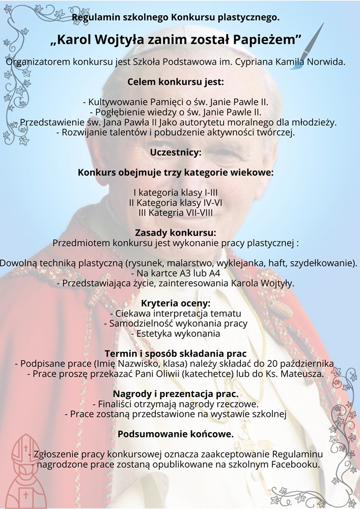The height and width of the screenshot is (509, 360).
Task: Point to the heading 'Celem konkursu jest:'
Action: pos(176,81)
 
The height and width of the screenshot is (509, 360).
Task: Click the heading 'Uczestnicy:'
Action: pos(176,152)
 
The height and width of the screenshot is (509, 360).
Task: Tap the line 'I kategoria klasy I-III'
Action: pos(176,193)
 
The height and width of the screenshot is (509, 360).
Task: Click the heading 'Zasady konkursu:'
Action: pos(176,233)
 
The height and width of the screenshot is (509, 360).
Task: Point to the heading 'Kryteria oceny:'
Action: pos(176,303)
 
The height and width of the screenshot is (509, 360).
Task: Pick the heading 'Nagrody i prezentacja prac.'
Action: pos(176,394)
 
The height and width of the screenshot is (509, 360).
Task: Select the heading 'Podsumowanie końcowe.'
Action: pos(176,434)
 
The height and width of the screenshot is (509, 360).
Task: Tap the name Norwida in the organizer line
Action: pos(327,62)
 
